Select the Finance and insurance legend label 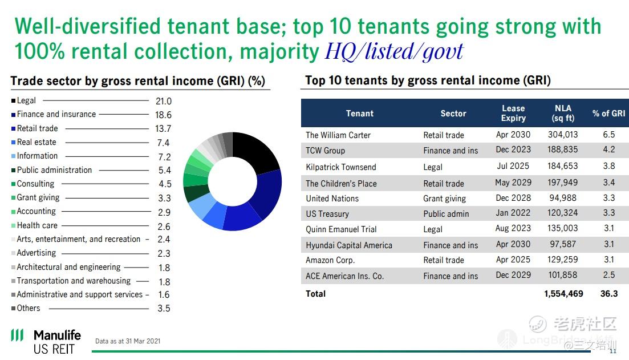pos(56,114)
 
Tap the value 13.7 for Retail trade pos(163,129)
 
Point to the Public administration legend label pos(54,170)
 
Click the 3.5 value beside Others pos(164,308)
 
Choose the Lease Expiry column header pos(513,113)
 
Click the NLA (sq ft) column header pos(563,113)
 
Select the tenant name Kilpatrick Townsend pos(341,167)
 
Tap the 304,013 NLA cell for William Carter pos(563,135)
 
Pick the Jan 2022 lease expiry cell pos(513,213)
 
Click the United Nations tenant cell pos(332,199)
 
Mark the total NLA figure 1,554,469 pos(563,294)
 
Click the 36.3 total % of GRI pos(609,294)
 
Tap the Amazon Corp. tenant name pos(330,260)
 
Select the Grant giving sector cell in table pos(444,199)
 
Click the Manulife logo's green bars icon pos(17,335)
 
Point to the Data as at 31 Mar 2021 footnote pos(128,341)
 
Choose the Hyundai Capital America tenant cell pos(349,245)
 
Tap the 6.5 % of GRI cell pos(609,135)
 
